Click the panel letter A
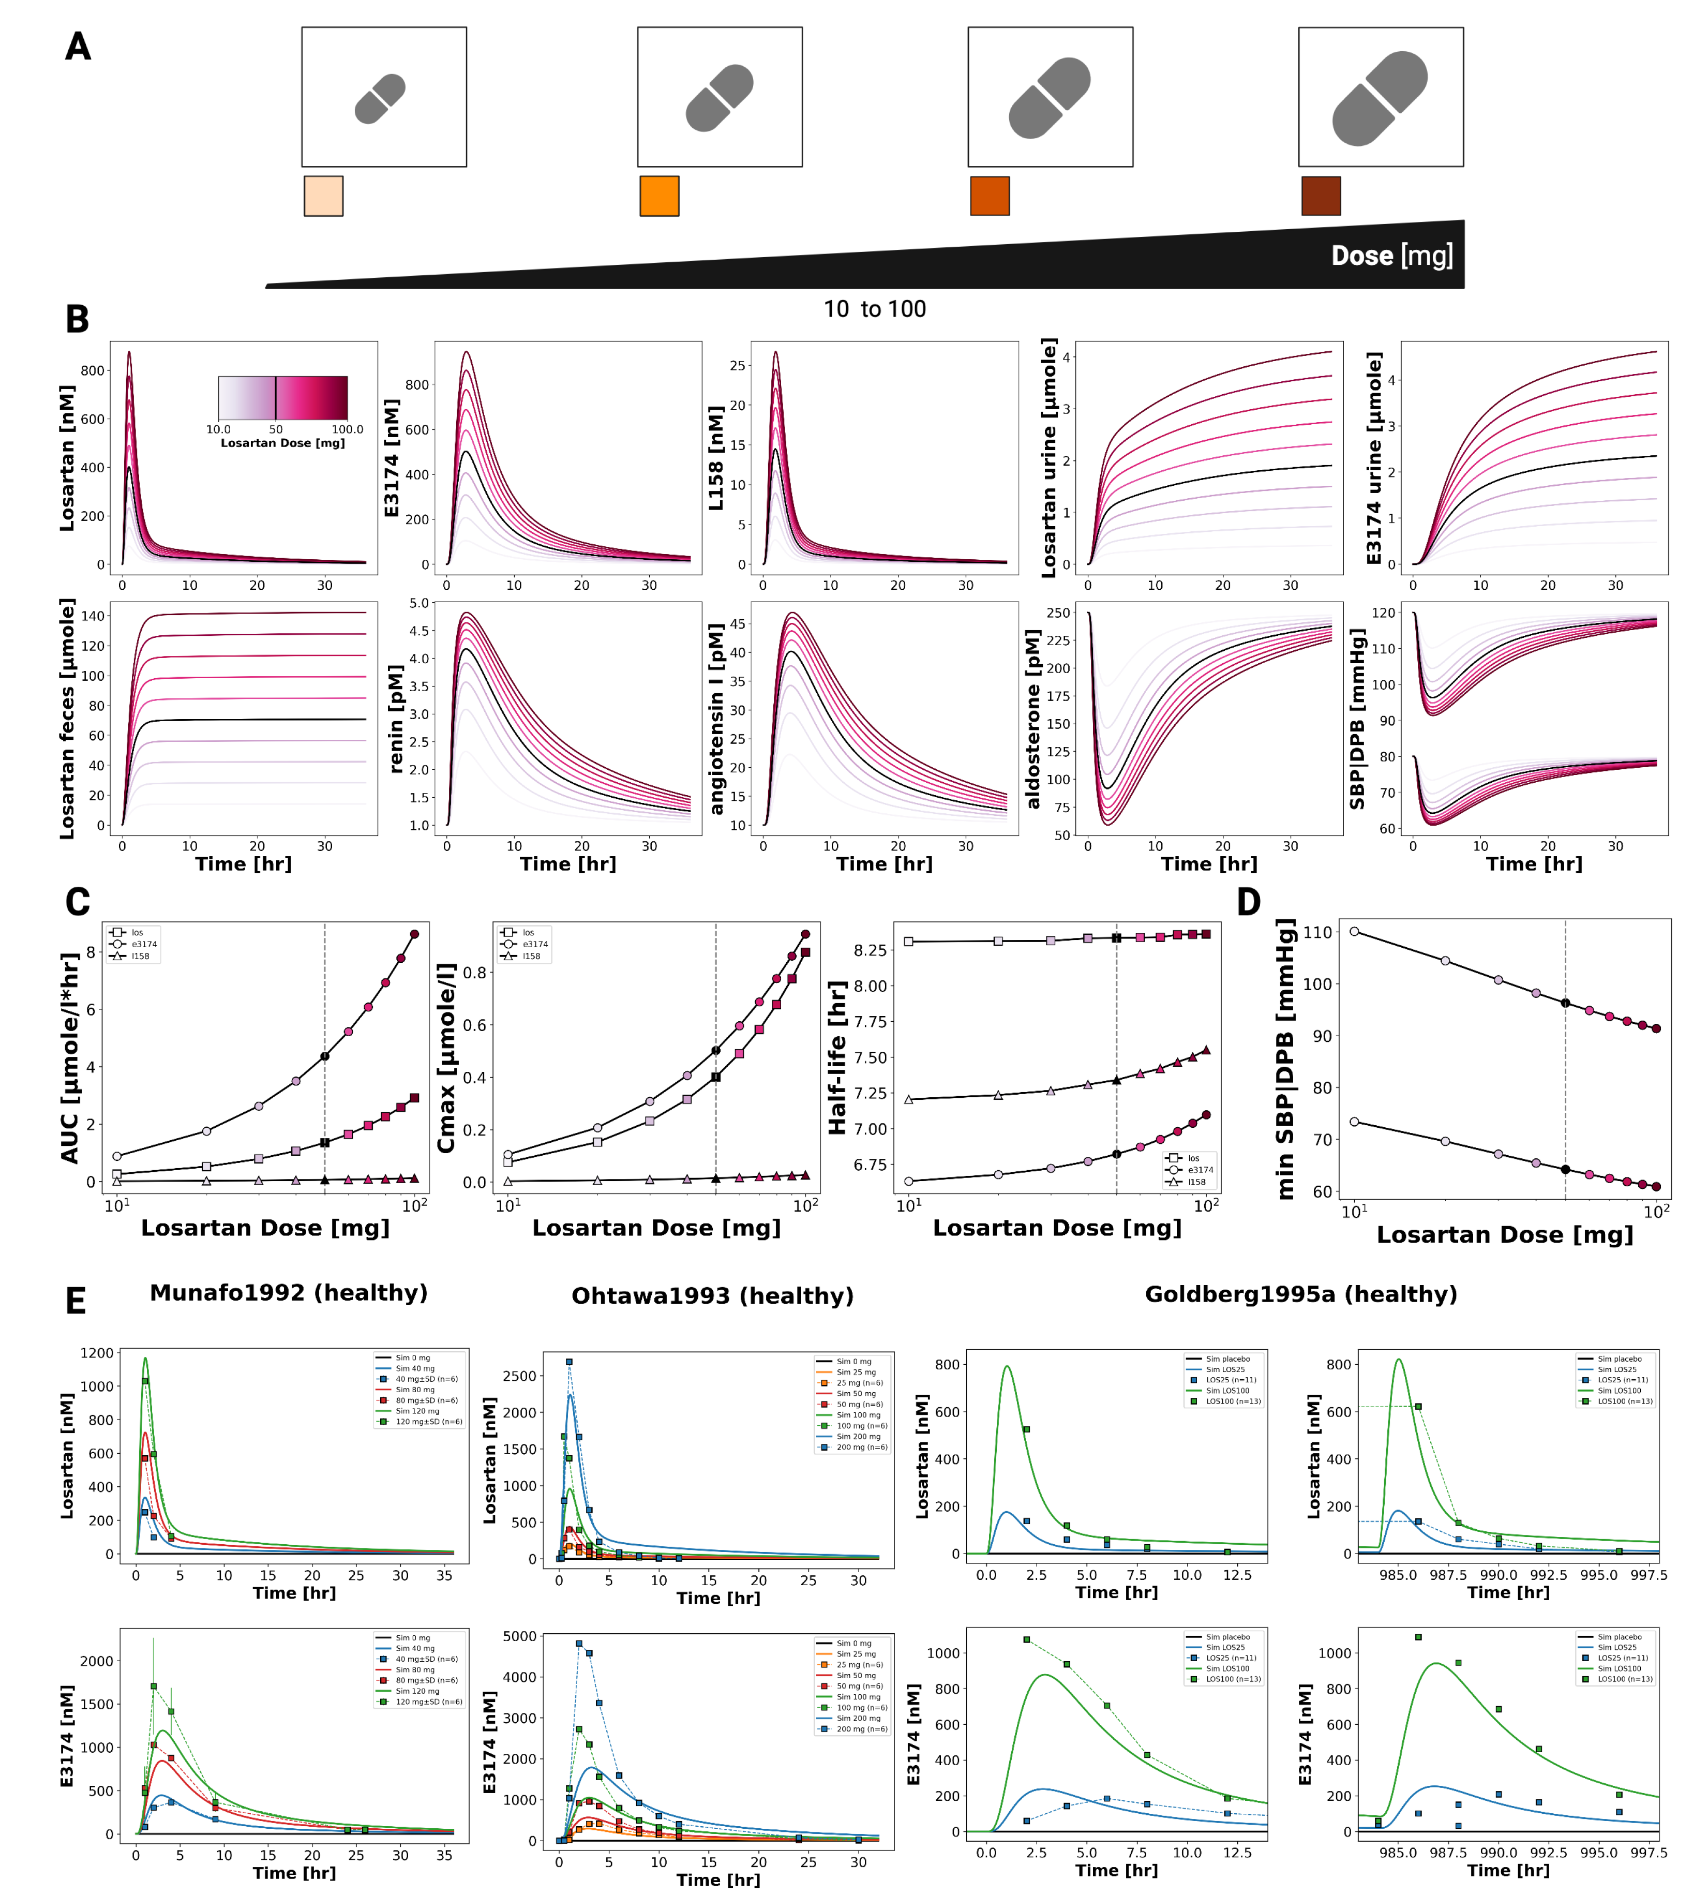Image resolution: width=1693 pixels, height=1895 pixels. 78,47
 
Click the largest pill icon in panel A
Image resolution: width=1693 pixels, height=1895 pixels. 1380,98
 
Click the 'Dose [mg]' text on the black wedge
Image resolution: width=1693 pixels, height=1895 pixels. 1391,256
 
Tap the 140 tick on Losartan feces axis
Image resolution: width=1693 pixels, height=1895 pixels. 93,616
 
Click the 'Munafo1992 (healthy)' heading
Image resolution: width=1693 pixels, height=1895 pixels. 288,1293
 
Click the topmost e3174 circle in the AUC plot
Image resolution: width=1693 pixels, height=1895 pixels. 415,934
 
